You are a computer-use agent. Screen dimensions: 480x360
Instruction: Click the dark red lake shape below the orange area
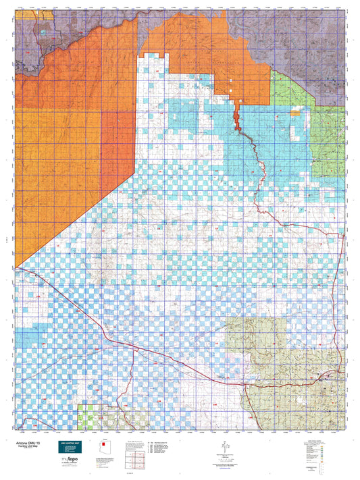pos(238,119)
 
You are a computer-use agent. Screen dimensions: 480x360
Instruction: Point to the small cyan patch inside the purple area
pos(43,32)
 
